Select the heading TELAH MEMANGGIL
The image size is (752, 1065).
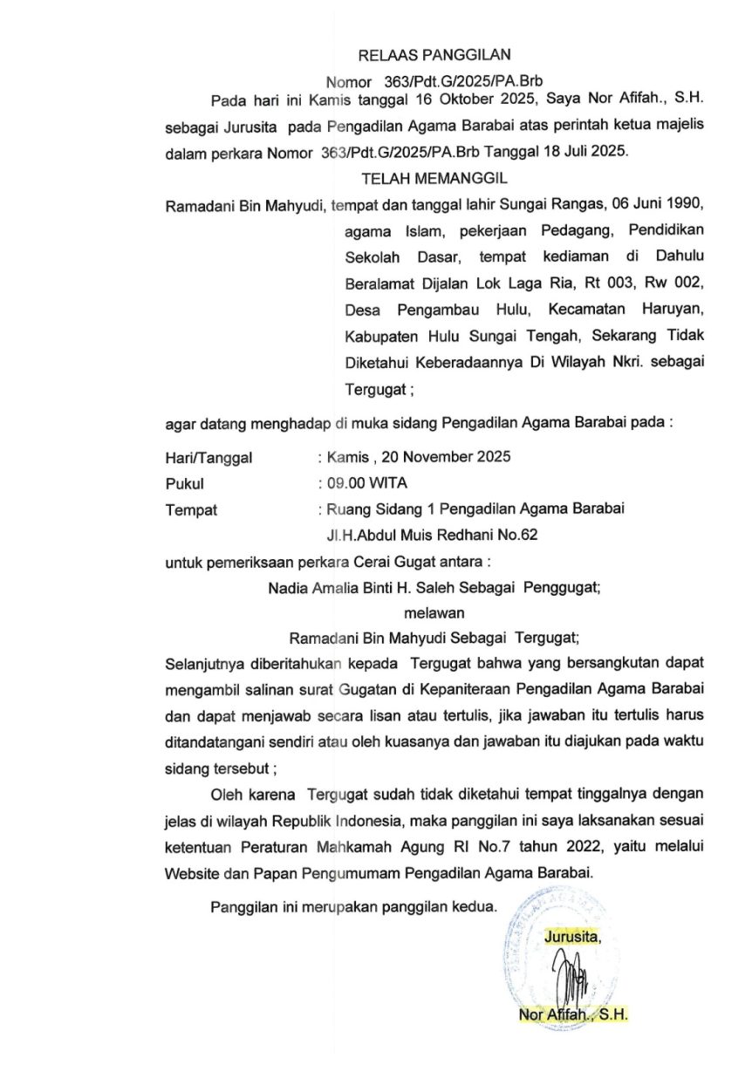point(434,178)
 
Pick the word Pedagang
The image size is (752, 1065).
point(577,232)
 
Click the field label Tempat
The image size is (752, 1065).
point(191,510)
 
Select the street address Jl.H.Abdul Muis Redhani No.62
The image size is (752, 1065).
point(431,535)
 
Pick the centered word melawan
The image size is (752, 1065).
point(434,613)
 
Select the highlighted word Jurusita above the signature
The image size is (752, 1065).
point(571,938)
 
